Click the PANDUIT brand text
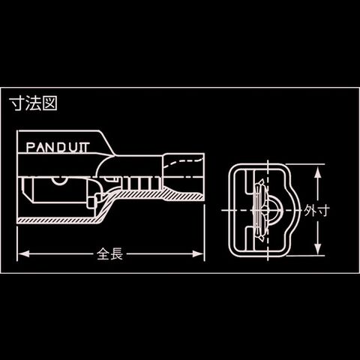coord(58,147)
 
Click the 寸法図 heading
coord(34,103)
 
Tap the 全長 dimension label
coord(109,254)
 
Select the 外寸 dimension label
coord(317,211)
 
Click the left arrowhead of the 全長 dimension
coord(24,254)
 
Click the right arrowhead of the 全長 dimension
coord(198,254)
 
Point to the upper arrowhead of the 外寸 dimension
coord(317,172)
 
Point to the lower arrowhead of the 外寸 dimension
coord(317,249)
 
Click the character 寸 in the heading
coord(16,103)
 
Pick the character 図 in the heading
coord(50,103)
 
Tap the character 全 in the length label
coord(103,254)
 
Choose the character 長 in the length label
coord(116,254)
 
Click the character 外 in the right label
coord(310,211)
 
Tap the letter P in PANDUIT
coord(30,148)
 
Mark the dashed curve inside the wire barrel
coord(181,161)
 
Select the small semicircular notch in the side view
coord(59,181)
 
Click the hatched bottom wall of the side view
coord(60,220)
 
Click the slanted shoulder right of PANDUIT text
coord(108,142)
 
